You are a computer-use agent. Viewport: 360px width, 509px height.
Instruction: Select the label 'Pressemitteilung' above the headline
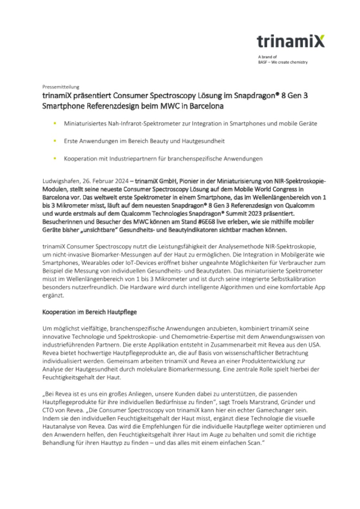61,86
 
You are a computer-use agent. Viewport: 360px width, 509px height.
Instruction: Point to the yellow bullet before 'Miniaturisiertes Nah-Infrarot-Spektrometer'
54,123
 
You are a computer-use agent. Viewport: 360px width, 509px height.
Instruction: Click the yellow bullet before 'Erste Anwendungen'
54,141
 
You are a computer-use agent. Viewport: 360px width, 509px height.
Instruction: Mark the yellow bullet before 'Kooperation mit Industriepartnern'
54,158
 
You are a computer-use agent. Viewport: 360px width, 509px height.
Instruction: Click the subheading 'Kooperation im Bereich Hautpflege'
90,312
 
